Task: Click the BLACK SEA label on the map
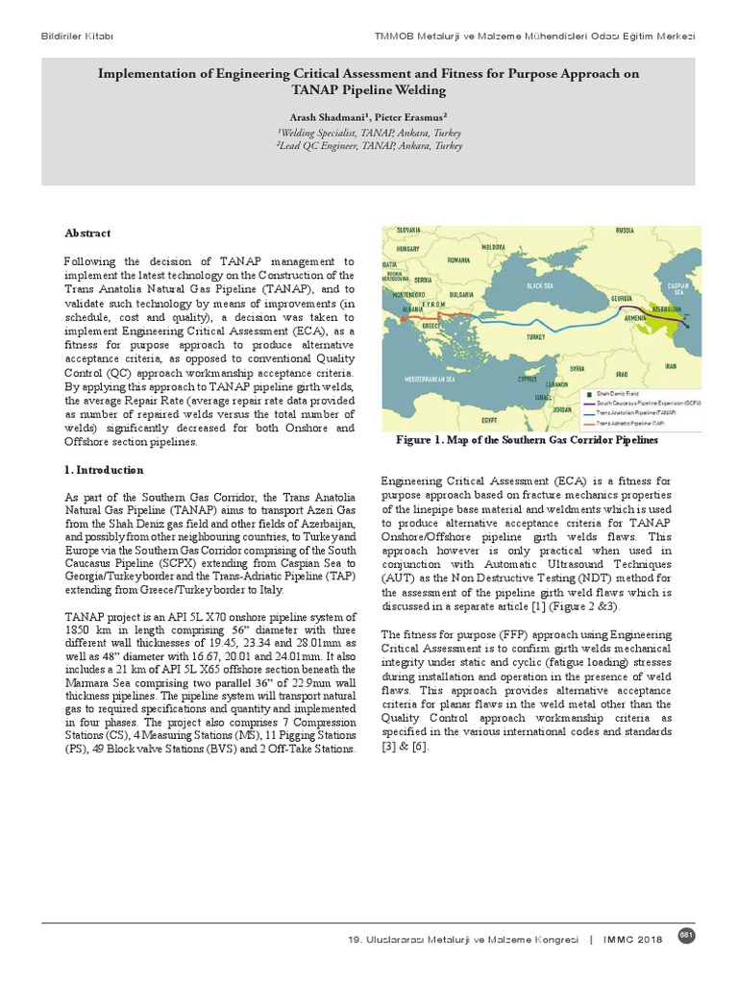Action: pyautogui.click(x=544, y=285)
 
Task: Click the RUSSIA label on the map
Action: pyautogui.click(x=626, y=232)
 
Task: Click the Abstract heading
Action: pyautogui.click(x=86, y=233)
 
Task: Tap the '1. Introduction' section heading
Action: pyautogui.click(x=104, y=471)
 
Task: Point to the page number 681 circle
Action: pyautogui.click(x=686, y=936)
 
